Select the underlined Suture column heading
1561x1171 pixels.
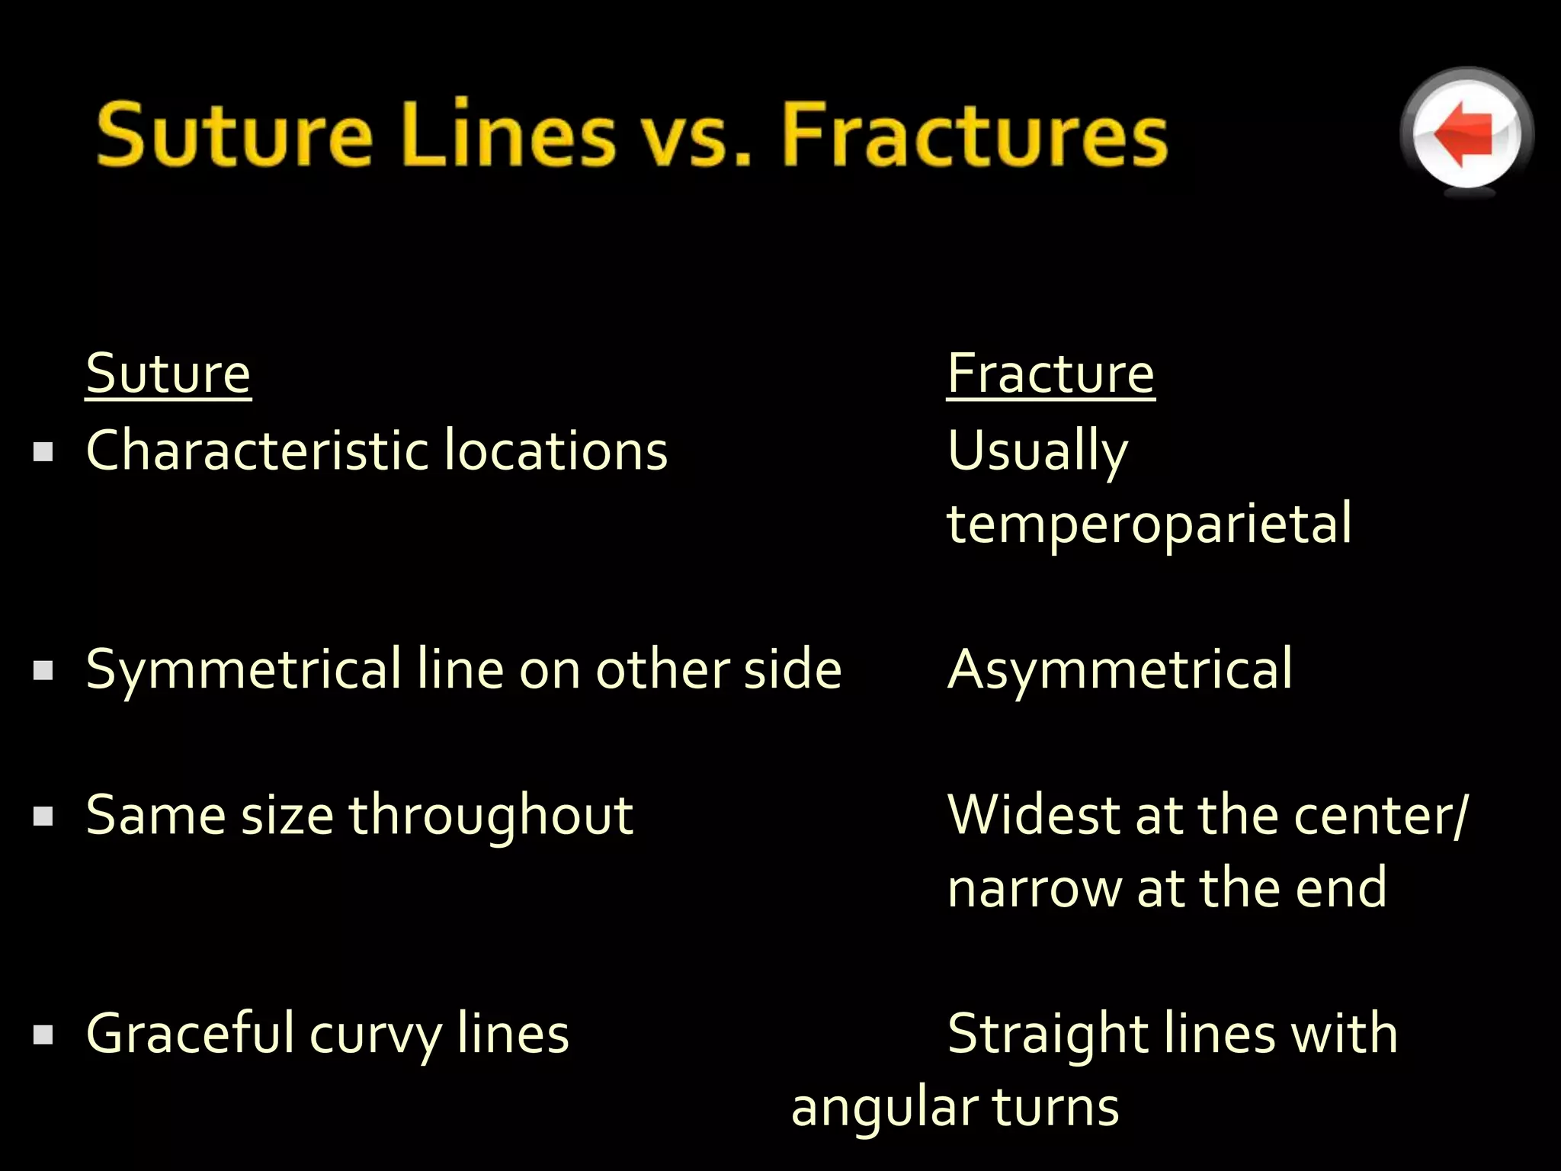pos(168,374)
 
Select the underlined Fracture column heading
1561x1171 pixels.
pos(1050,374)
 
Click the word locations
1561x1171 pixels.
pos(556,450)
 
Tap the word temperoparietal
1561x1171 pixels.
pos(1149,525)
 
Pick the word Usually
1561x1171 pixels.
pos(1037,451)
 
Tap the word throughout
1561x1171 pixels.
pos(491,816)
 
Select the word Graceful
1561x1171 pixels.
pos(191,1034)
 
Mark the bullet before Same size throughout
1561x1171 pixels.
pos(43,816)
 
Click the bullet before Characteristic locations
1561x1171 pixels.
pos(43,452)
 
